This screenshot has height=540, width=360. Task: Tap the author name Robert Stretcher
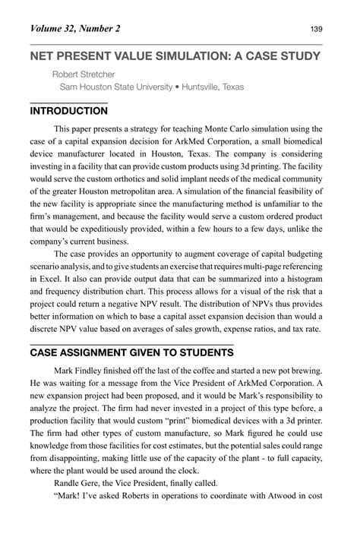pyautogui.click(x=83, y=74)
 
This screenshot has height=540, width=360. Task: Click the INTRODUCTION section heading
pyautogui.click(x=68, y=111)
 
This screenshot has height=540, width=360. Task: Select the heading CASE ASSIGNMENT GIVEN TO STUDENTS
pyautogui.click(x=131, y=353)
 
